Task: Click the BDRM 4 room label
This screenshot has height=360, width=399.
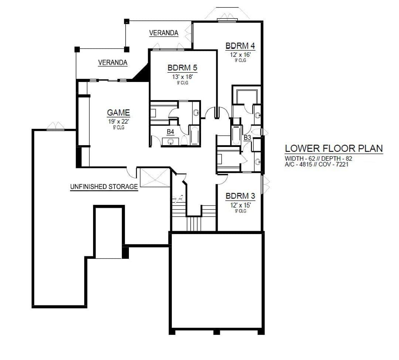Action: click(x=240, y=46)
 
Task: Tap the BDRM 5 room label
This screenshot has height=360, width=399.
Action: click(x=183, y=68)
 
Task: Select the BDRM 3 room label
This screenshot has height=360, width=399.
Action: click(x=240, y=196)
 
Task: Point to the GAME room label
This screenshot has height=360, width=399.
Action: click(x=118, y=113)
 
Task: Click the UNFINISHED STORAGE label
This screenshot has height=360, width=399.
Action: click(x=104, y=186)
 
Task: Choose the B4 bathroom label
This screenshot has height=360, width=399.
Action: click(x=170, y=132)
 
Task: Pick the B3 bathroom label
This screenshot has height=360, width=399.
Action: click(x=247, y=138)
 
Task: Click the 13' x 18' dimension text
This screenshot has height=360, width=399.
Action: click(x=183, y=77)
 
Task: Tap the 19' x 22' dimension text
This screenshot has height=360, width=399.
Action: click(x=119, y=121)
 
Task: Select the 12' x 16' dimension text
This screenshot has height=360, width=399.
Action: click(x=241, y=55)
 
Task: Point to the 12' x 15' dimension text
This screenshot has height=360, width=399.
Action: click(x=241, y=205)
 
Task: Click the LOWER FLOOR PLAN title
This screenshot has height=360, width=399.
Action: click(x=334, y=148)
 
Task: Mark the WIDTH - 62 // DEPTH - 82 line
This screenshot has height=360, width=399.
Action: click(x=318, y=158)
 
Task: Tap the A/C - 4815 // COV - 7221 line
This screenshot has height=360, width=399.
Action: click(x=317, y=164)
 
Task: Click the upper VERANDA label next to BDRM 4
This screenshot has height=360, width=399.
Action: click(x=164, y=33)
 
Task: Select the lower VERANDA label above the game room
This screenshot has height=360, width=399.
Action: click(x=113, y=62)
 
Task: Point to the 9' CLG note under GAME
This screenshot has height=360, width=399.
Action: click(x=119, y=127)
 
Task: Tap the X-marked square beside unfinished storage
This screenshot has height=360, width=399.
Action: click(x=155, y=178)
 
